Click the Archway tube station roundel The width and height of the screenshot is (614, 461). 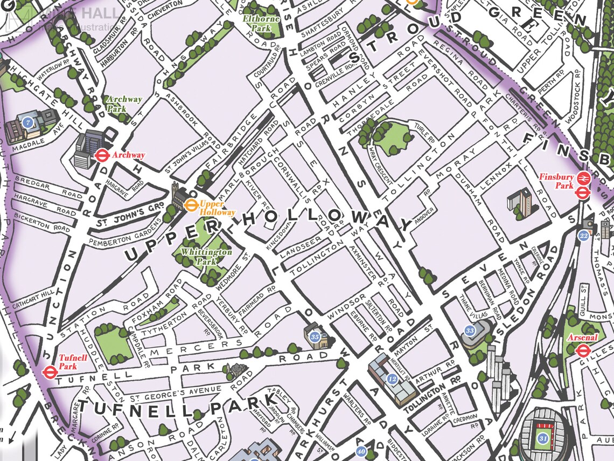pos(102,155)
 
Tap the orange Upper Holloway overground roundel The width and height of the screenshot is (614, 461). pos(190,204)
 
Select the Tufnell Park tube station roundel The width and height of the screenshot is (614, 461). pos(49,371)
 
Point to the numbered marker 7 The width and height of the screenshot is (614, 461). pos(28,123)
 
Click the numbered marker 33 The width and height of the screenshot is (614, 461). pos(470,331)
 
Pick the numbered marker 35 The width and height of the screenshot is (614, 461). pos(315,337)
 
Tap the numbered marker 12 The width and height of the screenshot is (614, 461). pos(392,380)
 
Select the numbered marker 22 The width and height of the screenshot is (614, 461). pos(583,235)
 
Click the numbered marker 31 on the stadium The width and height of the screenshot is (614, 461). pos(543,438)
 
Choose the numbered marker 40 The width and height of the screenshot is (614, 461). pos(361,452)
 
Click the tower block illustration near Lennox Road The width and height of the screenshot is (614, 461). pos(519,202)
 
